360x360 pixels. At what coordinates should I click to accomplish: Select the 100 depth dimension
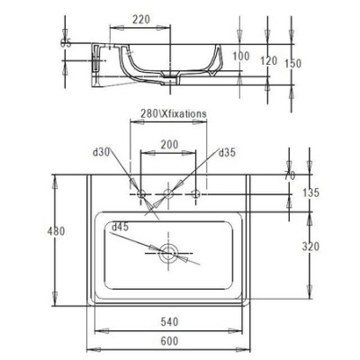(x=239, y=56)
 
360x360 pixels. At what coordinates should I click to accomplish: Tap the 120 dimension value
(x=266, y=60)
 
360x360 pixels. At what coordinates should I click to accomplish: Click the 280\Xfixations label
(x=168, y=115)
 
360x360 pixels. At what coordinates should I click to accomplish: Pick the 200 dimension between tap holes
(x=168, y=144)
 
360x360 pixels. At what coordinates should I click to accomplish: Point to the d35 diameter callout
(x=228, y=153)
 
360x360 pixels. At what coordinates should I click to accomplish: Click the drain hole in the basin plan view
(x=167, y=252)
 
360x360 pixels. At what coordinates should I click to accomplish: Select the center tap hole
(x=167, y=193)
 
